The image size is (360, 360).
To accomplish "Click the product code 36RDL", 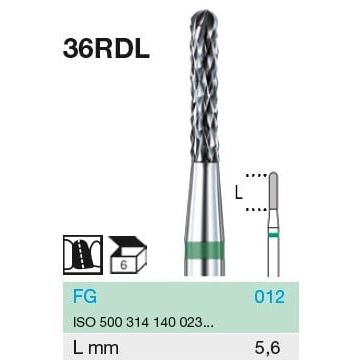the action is (106, 49).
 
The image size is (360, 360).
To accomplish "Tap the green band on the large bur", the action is (204, 251).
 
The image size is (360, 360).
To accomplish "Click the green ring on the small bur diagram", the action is (273, 235).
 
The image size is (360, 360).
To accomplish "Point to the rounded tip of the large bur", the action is (204, 16).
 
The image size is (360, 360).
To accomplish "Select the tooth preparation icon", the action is (83, 255).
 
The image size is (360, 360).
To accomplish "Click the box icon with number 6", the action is (128, 255).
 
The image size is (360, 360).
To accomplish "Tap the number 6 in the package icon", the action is (124, 265).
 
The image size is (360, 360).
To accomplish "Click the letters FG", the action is (85, 296).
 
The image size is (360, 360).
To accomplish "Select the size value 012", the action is (269, 296).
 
